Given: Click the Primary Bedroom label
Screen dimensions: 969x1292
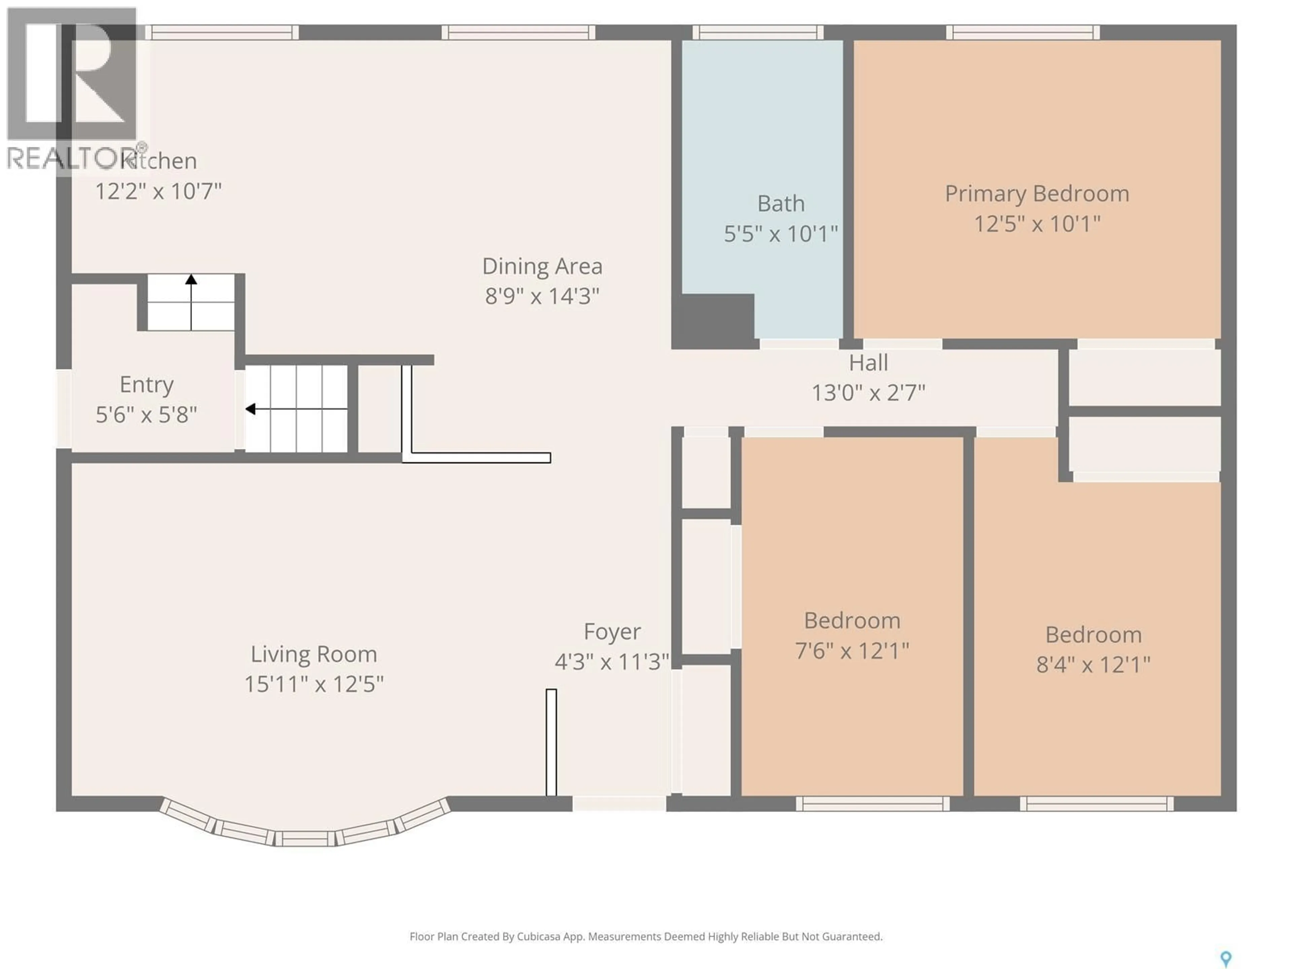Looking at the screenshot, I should pyautogui.click(x=1037, y=194).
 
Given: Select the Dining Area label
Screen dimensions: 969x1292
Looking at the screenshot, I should pyautogui.click(x=542, y=266).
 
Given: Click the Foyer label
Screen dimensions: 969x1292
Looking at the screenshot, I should pyautogui.click(x=612, y=632).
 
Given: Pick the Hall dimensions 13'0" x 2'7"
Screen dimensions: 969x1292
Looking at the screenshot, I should pyautogui.click(x=868, y=393).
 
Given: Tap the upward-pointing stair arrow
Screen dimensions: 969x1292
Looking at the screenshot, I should pyautogui.click(x=191, y=280).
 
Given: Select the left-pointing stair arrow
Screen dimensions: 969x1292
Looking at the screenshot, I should pyautogui.click(x=251, y=409).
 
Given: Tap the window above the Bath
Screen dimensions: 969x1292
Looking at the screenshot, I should pyautogui.click(x=758, y=32).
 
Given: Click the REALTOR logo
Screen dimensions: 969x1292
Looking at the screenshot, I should pyautogui.click(x=73, y=91).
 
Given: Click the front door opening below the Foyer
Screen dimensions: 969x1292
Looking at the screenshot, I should pyautogui.click(x=618, y=804).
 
